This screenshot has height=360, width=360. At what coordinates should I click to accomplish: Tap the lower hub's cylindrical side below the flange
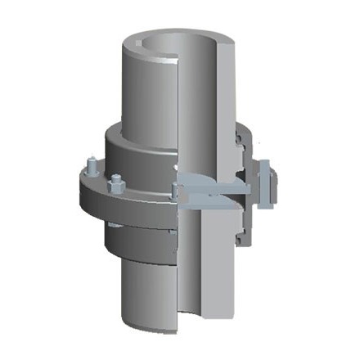(x=135, y=241)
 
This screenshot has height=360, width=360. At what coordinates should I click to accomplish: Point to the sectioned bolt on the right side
(x=265, y=185)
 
